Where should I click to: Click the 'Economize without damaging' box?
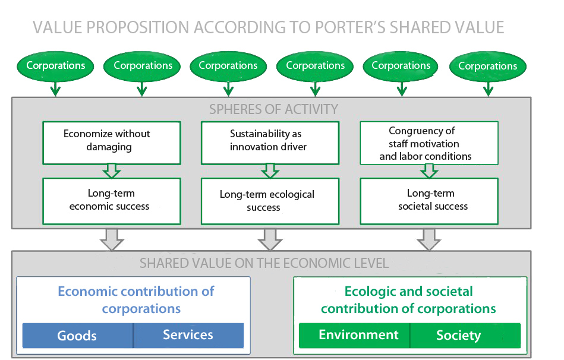(x=112, y=143)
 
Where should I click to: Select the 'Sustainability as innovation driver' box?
(x=270, y=143)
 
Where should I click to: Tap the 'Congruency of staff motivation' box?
(x=429, y=143)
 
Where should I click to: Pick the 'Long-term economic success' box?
(x=112, y=201)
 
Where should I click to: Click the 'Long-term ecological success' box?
(x=270, y=201)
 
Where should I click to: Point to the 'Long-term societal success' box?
(x=429, y=201)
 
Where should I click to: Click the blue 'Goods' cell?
(x=78, y=336)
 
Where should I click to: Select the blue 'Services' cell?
(x=188, y=336)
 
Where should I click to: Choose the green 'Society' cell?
(x=465, y=336)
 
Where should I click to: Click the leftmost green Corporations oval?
(x=55, y=66)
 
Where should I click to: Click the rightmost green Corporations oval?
(x=488, y=67)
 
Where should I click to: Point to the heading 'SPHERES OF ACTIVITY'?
(x=274, y=109)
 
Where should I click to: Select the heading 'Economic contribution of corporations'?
(x=136, y=300)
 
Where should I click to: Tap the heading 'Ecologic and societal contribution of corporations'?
(x=408, y=300)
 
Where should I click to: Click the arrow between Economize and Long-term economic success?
(x=112, y=171)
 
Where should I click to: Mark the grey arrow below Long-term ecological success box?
(x=270, y=239)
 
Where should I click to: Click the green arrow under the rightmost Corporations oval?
(x=488, y=89)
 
